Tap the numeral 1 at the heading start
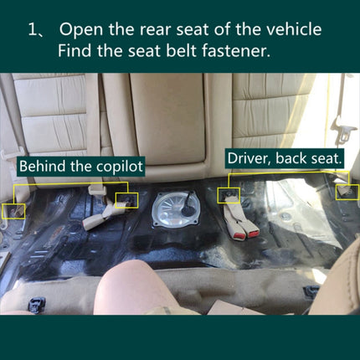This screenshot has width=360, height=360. pyautogui.click(x=33, y=30)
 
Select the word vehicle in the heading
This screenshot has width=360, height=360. pyautogui.click(x=290, y=30)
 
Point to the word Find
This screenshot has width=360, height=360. pyautogui.click(x=77, y=50)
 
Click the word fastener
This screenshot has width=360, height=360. pyautogui.click(x=241, y=50)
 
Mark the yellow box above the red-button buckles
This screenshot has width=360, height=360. pyautogui.click(x=229, y=195)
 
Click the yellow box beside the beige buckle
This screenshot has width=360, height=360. pyautogui.click(x=126, y=200)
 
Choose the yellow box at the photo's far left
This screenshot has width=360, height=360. pyautogui.click(x=15, y=209)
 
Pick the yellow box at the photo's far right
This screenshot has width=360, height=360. pyautogui.click(x=345, y=192)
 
